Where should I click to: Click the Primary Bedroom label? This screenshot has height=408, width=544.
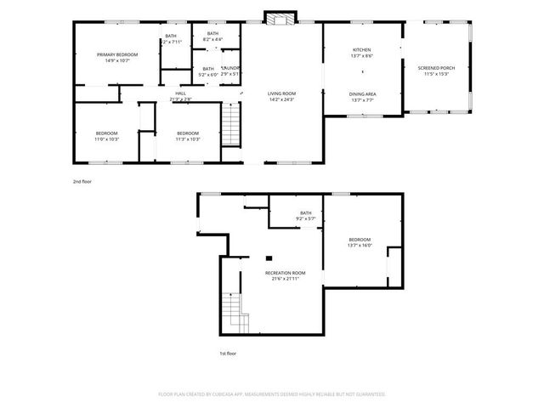click(x=116, y=57)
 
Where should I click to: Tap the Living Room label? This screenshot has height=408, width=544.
click(x=280, y=97)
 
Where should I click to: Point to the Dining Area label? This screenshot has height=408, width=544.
click(x=362, y=96)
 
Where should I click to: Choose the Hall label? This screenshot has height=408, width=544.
click(x=180, y=96)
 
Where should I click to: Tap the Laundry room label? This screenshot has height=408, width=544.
click(x=230, y=71)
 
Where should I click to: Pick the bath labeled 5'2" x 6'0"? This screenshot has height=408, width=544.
click(x=208, y=71)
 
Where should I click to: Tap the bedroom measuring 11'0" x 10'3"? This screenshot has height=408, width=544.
click(x=106, y=136)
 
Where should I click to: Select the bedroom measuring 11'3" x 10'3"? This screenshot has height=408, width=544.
click(x=187, y=136)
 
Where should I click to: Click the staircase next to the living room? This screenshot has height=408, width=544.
click(x=232, y=124)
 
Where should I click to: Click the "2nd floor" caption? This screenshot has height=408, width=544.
click(x=82, y=181)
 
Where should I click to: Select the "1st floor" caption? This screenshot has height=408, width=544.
click(x=227, y=353)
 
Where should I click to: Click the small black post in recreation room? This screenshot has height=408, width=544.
click(x=268, y=258)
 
